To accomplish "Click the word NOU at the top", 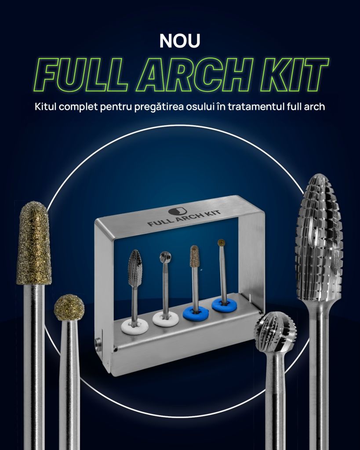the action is point(180,41).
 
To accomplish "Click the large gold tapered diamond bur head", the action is point(34,243).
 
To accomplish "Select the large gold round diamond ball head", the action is point(69,307).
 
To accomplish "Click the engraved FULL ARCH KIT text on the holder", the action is point(184,218).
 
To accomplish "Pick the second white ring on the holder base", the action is point(166,319).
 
